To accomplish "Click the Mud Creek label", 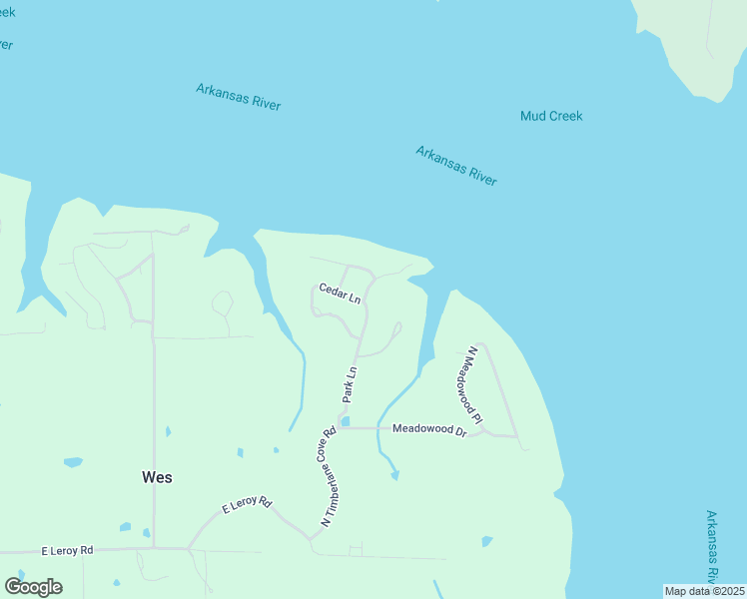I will (x=551, y=116).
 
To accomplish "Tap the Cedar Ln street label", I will (x=340, y=294).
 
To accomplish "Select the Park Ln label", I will (x=350, y=384).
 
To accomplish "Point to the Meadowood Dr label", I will (x=429, y=429).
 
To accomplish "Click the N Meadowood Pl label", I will (x=470, y=384).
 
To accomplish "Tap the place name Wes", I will (x=157, y=477).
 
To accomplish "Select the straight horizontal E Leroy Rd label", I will (x=67, y=550).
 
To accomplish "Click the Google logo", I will (x=33, y=587).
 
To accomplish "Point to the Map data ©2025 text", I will (x=705, y=591).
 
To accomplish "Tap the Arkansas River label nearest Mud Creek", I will (x=456, y=165).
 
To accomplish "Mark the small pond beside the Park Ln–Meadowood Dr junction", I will (x=346, y=422).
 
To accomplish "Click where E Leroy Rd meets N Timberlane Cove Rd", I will (x=311, y=539).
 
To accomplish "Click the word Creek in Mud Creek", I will (x=564, y=116).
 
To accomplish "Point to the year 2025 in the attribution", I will (x=728, y=591).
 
